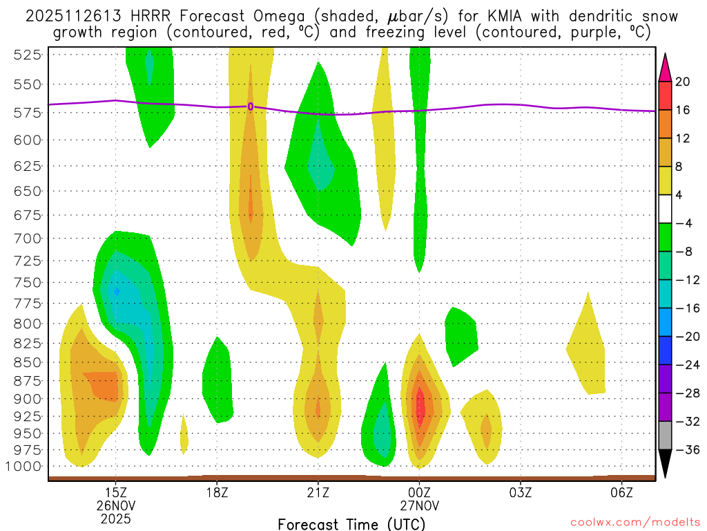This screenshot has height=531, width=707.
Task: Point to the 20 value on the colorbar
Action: (x=683, y=82)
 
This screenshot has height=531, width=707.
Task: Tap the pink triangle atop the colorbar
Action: (x=666, y=66)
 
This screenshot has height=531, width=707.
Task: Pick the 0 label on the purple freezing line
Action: (x=251, y=106)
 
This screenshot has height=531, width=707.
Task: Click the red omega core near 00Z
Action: (x=419, y=407)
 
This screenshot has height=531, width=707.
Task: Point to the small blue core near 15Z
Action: (x=117, y=292)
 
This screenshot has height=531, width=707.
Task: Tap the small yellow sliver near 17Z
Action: (x=184, y=434)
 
